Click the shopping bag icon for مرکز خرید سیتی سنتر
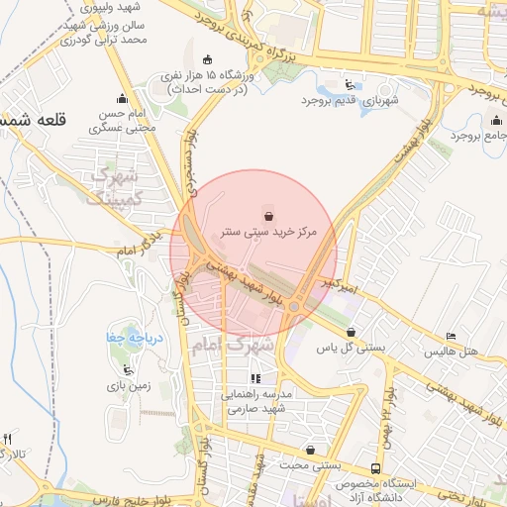point(268,214)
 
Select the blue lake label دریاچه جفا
point(129,339)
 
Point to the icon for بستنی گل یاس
point(351,333)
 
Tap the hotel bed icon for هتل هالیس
point(452,338)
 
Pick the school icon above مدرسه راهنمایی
point(255,378)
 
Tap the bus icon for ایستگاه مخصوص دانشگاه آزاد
point(374,468)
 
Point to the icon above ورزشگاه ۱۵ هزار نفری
point(206,60)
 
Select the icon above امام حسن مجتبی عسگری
point(122,98)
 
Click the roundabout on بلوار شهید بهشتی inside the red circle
point(294,307)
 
